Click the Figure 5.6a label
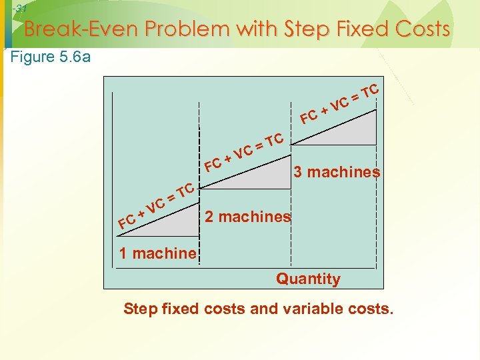click(x=51, y=57)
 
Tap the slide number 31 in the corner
click(x=20, y=9)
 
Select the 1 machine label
click(x=158, y=253)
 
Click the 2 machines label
click(x=247, y=217)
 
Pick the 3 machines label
click(x=337, y=172)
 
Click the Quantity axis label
click(x=308, y=279)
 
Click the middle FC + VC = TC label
click(x=245, y=152)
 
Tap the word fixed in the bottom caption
click(x=180, y=309)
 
